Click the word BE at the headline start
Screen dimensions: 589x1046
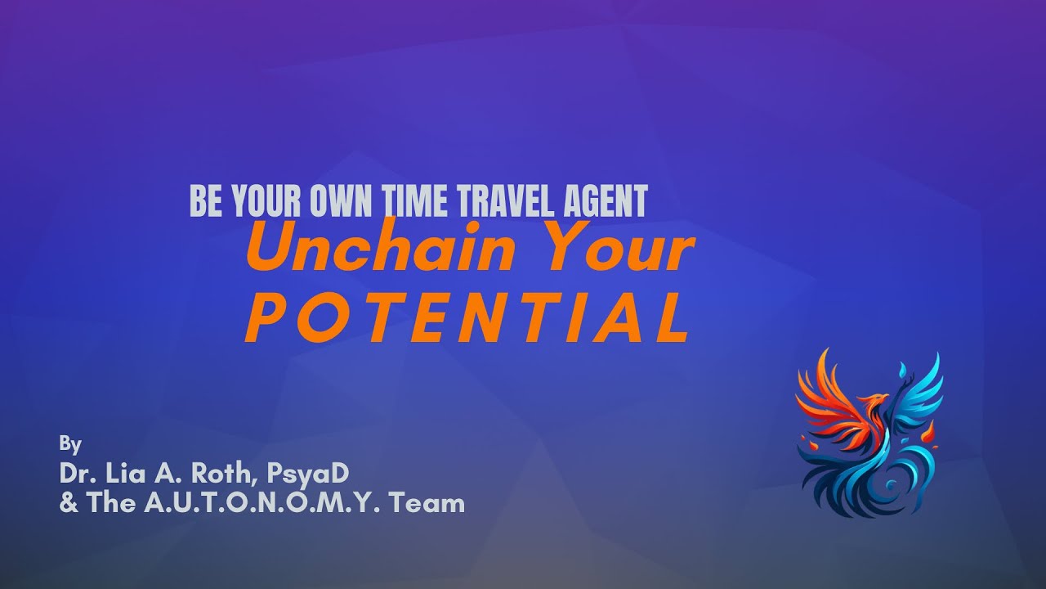206,201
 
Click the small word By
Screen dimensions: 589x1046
70,445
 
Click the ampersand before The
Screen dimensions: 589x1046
69,503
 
